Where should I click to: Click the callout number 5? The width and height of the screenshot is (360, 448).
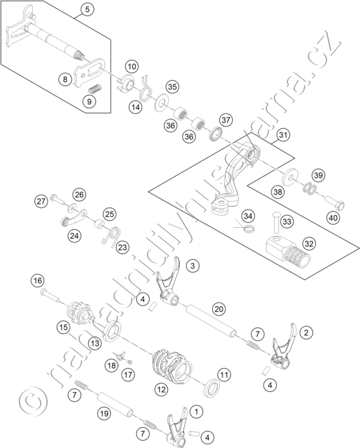tap(87, 9)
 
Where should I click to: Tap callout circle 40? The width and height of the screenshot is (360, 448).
tap(333, 218)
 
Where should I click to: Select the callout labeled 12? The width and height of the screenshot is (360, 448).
tap(161, 389)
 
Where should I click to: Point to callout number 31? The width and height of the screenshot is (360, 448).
tap(283, 135)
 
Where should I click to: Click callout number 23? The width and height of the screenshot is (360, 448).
tap(122, 247)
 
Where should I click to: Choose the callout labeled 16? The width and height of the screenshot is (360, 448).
tap(38, 281)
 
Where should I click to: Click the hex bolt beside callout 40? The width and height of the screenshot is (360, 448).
tap(335, 203)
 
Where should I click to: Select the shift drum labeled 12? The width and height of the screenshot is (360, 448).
tap(172, 367)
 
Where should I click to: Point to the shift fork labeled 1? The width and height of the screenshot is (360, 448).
tap(178, 426)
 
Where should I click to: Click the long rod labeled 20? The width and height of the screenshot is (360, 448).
tap(212, 321)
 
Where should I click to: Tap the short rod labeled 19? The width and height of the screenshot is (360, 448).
tap(115, 404)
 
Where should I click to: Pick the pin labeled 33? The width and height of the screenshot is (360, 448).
tap(276, 222)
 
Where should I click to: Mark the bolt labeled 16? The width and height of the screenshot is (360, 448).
tap(50, 295)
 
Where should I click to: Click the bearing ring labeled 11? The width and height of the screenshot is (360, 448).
tap(212, 387)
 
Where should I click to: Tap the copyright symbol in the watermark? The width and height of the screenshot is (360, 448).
tap(33, 400)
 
